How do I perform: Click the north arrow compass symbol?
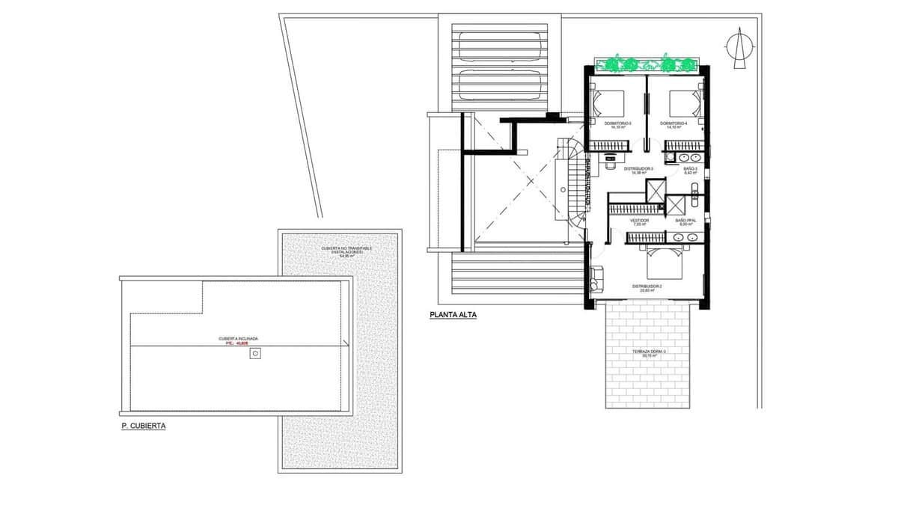(737, 49)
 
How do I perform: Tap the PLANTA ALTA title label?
(453, 315)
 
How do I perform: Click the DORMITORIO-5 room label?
(618, 124)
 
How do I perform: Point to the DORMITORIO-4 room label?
(673, 124)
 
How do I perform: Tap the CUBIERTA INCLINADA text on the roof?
(238, 338)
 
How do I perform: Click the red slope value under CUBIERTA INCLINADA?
(238, 343)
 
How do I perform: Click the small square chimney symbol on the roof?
(255, 353)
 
